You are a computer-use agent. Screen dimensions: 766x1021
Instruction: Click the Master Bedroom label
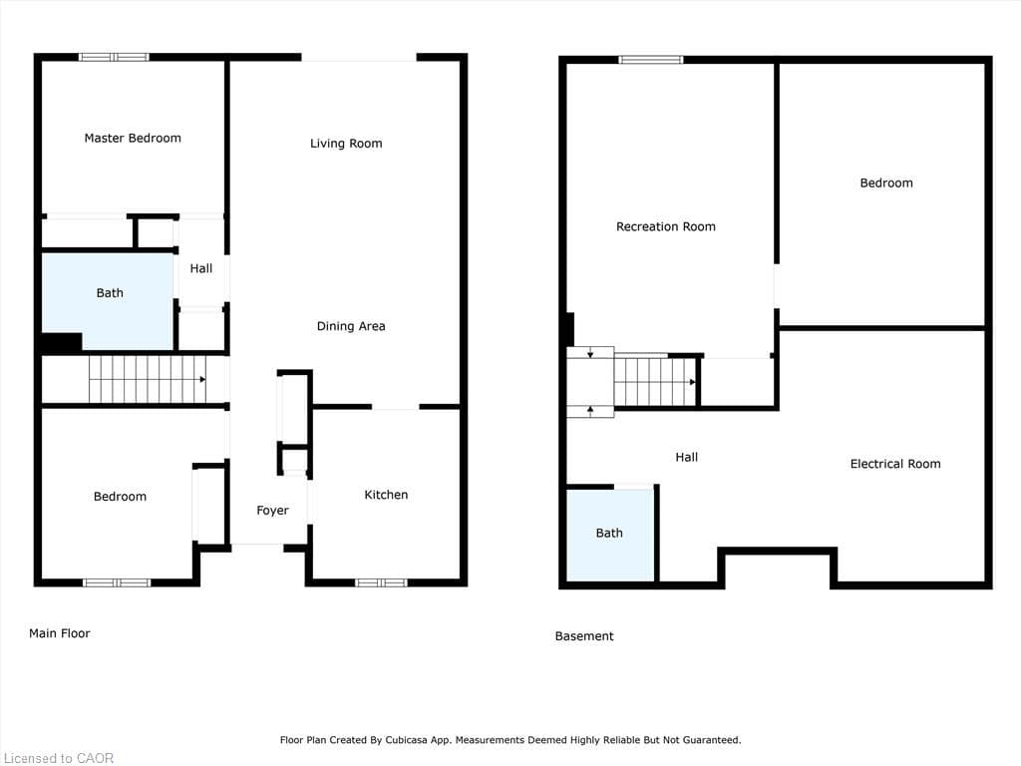pyautogui.click(x=133, y=139)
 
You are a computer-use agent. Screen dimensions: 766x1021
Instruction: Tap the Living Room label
pyautogui.click(x=346, y=144)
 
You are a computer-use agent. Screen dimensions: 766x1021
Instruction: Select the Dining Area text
pyautogui.click(x=351, y=326)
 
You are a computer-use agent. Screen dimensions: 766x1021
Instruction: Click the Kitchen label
pyautogui.click(x=386, y=495)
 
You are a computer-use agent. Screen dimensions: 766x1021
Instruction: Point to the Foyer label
pyautogui.click(x=272, y=511)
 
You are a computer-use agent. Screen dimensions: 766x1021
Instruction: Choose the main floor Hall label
pyautogui.click(x=201, y=268)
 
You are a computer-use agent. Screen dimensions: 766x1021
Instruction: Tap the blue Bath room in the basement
pyautogui.click(x=610, y=535)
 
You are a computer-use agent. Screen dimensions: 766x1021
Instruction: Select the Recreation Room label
pyautogui.click(x=666, y=226)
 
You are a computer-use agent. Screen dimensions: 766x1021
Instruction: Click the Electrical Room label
pyautogui.click(x=895, y=464)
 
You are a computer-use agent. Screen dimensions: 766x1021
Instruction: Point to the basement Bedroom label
pyautogui.click(x=886, y=184)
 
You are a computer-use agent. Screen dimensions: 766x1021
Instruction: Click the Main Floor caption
pyautogui.click(x=60, y=633)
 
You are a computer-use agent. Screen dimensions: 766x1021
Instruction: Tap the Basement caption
pyautogui.click(x=584, y=636)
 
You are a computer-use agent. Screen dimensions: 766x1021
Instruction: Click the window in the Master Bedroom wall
pyautogui.click(x=114, y=57)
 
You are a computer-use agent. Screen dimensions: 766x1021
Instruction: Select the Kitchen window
pyautogui.click(x=381, y=582)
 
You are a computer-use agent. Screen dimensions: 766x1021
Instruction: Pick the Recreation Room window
pyautogui.click(x=651, y=60)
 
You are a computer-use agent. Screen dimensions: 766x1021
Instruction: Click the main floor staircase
pyautogui.click(x=148, y=379)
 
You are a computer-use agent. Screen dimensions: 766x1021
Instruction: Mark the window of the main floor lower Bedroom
pyautogui.click(x=117, y=582)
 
